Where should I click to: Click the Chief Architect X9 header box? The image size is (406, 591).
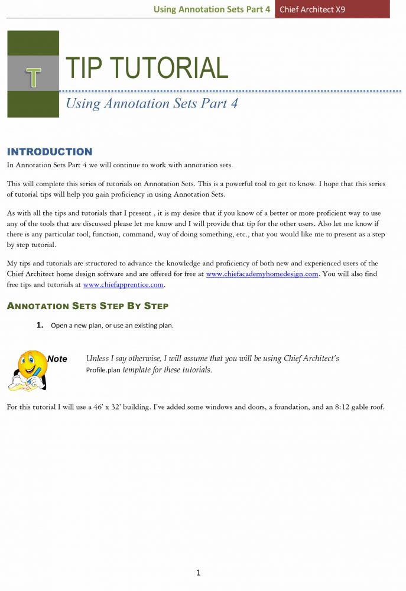click(x=332, y=9)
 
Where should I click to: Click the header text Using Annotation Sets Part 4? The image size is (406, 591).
click(x=212, y=9)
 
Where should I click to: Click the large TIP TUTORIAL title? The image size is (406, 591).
click(x=146, y=68)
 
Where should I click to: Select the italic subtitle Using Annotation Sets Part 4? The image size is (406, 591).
click(x=151, y=104)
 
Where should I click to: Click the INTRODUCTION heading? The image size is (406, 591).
click(x=50, y=152)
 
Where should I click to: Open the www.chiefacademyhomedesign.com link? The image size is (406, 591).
click(x=262, y=274)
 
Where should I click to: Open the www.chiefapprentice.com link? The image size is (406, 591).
click(x=124, y=285)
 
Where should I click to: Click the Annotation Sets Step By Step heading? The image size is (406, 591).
click(x=87, y=306)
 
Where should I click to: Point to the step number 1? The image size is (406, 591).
click(x=40, y=325)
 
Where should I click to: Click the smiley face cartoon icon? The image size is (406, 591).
click(x=27, y=371)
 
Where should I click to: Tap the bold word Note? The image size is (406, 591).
click(x=57, y=359)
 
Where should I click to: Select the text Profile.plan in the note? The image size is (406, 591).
click(x=103, y=371)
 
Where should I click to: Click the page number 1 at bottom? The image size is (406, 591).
click(x=199, y=572)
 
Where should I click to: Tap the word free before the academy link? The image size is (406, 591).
click(x=190, y=274)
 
